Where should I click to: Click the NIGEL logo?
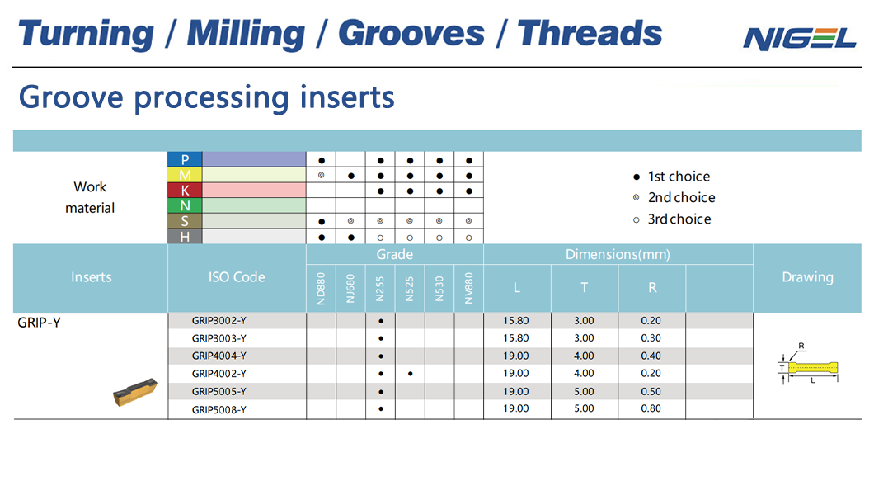[799, 39]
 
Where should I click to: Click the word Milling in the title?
[246, 33]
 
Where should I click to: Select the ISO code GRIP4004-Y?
[219, 356]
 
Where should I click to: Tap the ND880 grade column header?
[321, 288]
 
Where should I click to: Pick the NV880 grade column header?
[469, 288]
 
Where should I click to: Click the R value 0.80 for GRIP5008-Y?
[651, 408]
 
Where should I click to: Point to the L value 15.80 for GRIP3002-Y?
[515, 321]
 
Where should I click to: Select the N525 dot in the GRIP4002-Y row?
[411, 374]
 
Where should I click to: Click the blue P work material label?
[185, 159]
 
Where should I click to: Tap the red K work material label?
[185, 190]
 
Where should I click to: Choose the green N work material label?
[185, 205]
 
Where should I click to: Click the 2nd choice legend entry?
[674, 197]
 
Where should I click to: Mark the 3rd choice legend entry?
[672, 219]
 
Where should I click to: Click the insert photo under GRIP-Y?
[135, 392]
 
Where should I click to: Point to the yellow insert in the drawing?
[813, 368]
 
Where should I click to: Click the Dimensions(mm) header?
[618, 254]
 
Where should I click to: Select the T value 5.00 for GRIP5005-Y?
[584, 391]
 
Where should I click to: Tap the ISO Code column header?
[237, 277]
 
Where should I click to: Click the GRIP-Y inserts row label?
[39, 323]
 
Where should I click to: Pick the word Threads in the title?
[590, 33]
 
